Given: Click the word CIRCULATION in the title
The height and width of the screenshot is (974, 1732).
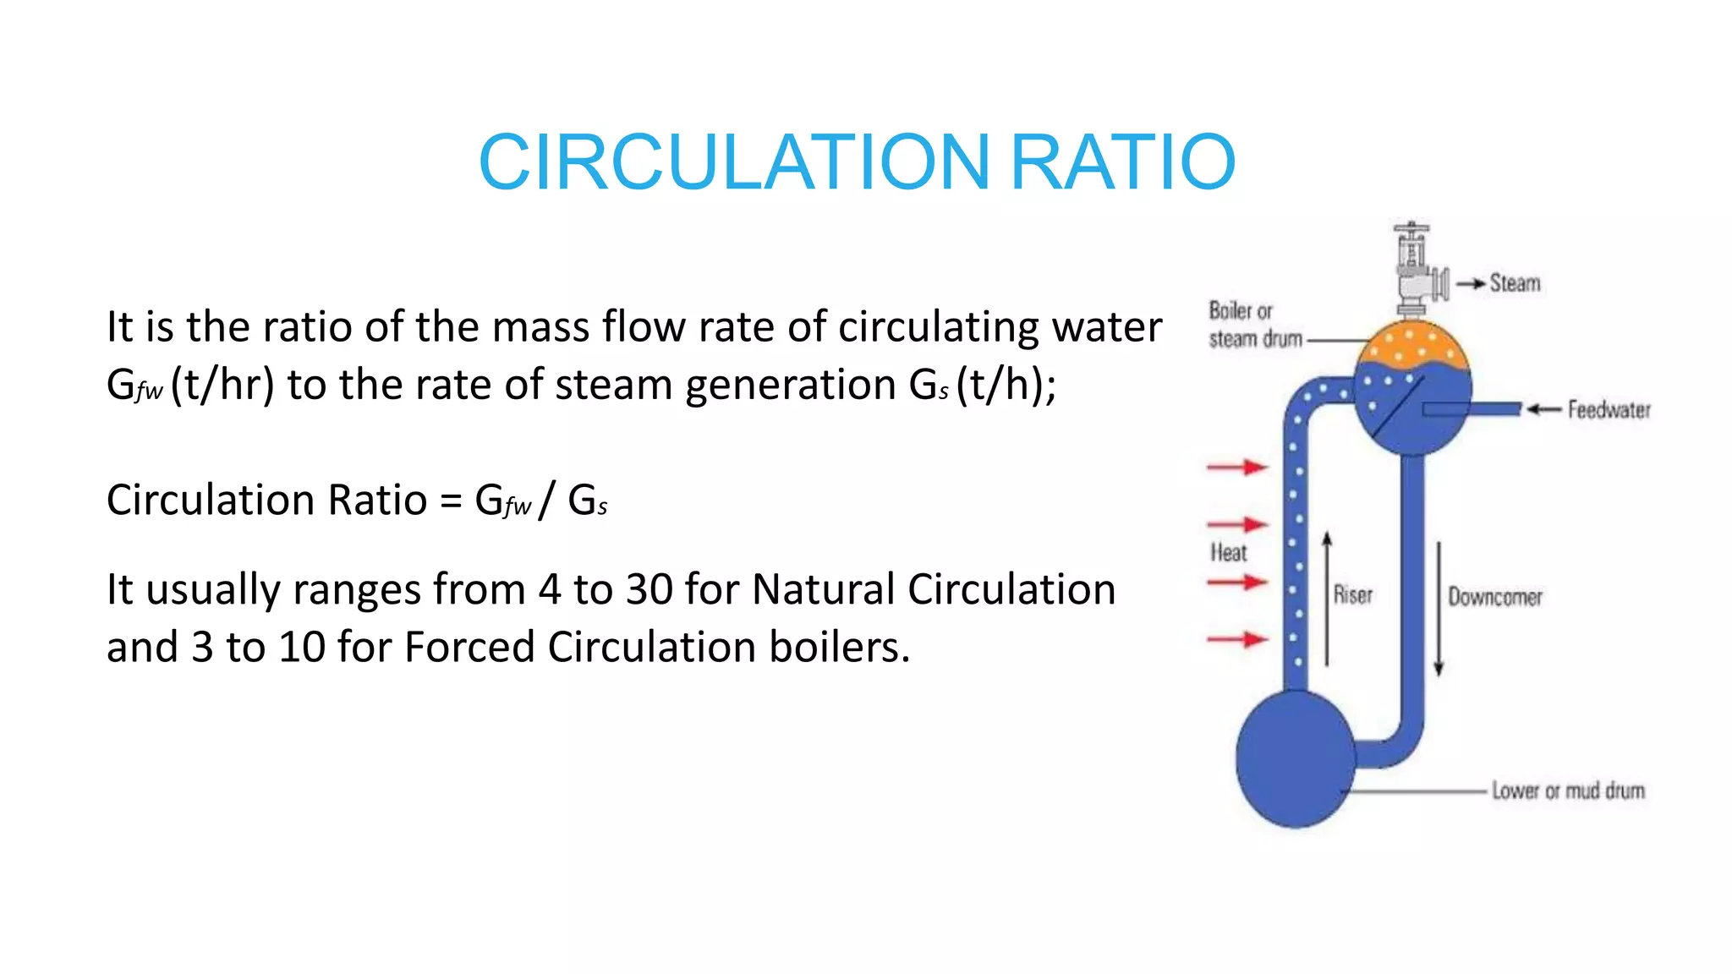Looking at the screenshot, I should tap(734, 161).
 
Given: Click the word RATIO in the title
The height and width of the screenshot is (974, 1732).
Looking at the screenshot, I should tap(1123, 161).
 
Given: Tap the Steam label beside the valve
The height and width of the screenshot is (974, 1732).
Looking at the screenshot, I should tap(1515, 283).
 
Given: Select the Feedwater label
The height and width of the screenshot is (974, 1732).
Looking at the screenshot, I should tap(1609, 410).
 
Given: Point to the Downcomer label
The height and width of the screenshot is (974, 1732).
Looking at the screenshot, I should tap(1495, 597).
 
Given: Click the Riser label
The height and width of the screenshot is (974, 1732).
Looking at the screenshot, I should tap(1353, 595).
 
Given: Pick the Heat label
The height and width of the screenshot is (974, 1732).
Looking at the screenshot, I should tap(1228, 553).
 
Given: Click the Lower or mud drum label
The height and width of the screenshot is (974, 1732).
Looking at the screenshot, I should tap(1568, 791).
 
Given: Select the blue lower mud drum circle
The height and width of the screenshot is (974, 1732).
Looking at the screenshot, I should tap(1295, 758).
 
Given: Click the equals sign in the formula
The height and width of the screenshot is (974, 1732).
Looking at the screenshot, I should tap(451, 501).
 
